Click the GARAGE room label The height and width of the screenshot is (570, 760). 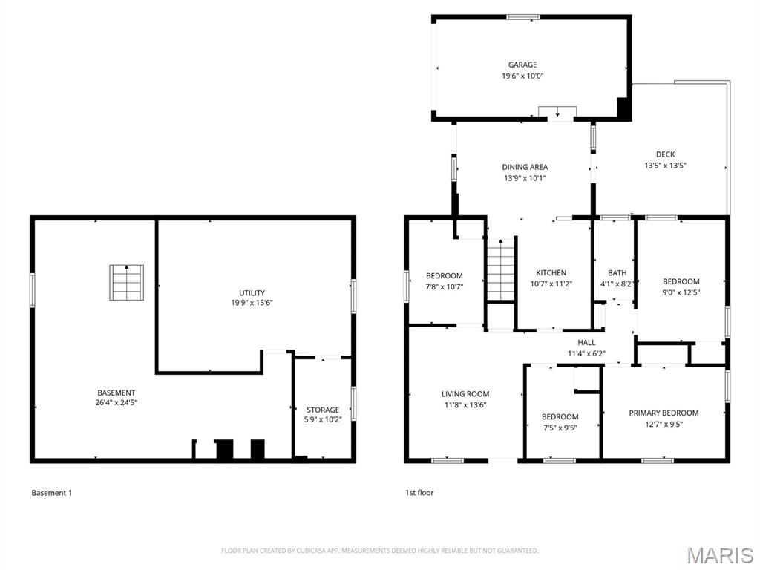522,65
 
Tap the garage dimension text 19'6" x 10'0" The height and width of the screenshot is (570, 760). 522,76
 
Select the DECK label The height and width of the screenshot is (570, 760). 665,154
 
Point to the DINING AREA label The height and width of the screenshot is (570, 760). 525,167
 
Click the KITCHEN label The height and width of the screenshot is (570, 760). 551,272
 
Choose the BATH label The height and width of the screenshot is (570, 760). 617,272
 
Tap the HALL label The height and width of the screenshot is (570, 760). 586,342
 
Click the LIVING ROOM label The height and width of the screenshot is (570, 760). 465,394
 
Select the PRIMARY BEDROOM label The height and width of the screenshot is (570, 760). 664,413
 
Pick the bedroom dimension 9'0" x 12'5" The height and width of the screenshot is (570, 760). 681,292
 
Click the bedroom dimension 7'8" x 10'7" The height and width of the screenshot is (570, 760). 444,287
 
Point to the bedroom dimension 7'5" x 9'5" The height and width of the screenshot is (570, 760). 560,427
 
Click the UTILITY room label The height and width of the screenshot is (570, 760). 252,292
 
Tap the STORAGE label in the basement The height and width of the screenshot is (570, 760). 323,410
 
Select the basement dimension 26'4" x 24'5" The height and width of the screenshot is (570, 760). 117,403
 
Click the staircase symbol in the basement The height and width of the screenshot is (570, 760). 127,283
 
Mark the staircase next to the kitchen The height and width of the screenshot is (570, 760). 501,270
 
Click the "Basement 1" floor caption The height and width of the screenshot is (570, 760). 51,492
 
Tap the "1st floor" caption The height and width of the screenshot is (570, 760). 419,492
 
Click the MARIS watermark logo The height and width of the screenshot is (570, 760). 719,555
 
